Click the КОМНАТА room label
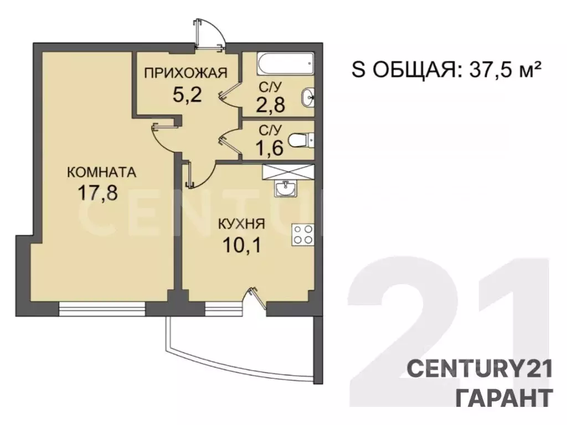pos(101,172)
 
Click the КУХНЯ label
pos(241,225)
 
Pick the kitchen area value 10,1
pos(241,244)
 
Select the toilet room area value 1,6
pos(270,149)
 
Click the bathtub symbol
pos(286,65)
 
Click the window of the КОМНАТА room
pos(102,308)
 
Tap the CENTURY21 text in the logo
pos(480,369)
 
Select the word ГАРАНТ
pos(503,398)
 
